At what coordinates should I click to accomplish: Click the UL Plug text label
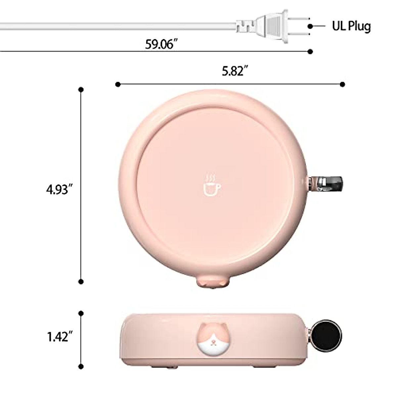[x=351, y=26]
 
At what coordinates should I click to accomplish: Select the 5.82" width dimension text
[x=235, y=71]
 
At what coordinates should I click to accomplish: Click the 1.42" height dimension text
[x=60, y=337]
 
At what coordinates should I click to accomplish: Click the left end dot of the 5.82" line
[x=118, y=84]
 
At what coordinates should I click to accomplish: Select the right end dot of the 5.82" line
[x=342, y=84]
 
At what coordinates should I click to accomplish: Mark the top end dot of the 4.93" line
[x=81, y=90]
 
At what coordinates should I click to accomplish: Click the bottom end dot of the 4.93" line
[x=81, y=282]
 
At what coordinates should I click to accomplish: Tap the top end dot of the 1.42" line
[x=81, y=313]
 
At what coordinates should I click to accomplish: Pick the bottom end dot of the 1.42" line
[x=81, y=366]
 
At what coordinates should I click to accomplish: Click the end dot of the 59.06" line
[x=310, y=51]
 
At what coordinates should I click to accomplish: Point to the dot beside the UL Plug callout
[x=310, y=26]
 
